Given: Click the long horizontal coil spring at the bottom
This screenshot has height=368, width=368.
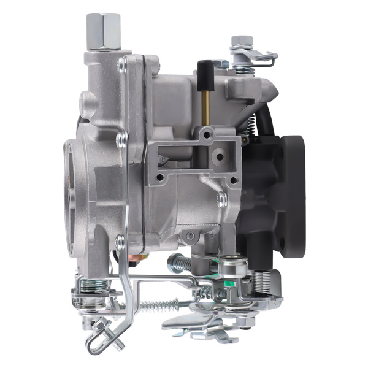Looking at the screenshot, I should pos(160,304).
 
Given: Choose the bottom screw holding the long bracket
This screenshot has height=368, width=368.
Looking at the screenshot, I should pos(120,240).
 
